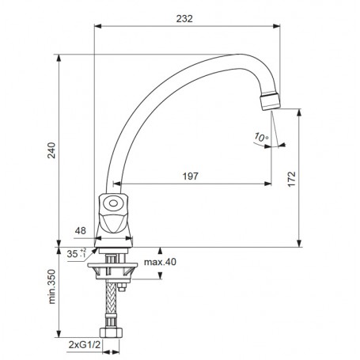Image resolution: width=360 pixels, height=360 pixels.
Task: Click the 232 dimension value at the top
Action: click(184, 19)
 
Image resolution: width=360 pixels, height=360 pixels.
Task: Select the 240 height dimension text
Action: click(51, 150)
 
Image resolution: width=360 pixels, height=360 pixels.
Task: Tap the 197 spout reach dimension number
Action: click(191, 176)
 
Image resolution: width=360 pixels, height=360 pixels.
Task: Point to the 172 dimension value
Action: click(292, 179)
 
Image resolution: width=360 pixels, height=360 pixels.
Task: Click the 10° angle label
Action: click(261, 137)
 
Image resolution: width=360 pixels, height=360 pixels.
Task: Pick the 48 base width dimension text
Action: click(81, 231)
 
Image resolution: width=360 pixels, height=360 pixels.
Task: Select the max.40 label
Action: click(160, 262)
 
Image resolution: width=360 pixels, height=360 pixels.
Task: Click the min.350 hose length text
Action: click(52, 286)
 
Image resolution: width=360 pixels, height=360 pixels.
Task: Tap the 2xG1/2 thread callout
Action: click(85, 345)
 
